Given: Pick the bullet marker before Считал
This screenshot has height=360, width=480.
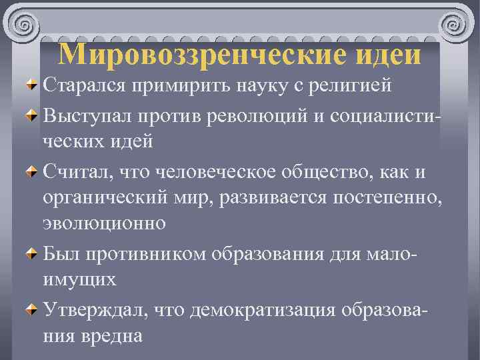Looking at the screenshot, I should [31, 173].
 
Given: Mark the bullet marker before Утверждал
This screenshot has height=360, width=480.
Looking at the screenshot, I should [31, 309].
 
